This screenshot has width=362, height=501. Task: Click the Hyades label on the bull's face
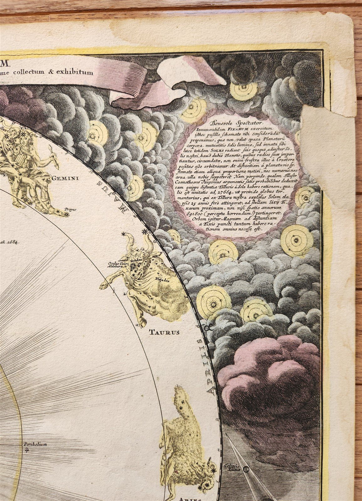pos(137,261)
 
